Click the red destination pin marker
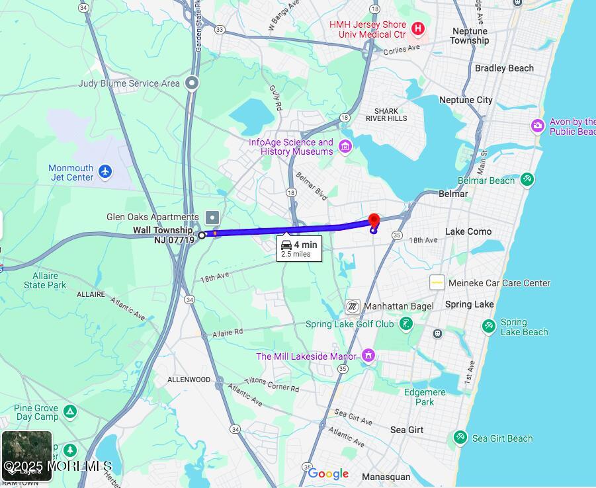click(374, 221)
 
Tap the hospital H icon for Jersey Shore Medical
click(417, 28)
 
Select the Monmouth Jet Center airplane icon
click(105, 172)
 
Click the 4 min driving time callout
click(299, 248)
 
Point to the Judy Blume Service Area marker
click(192, 83)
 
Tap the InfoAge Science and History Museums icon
click(345, 146)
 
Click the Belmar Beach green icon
click(527, 179)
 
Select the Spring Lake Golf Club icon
click(406, 324)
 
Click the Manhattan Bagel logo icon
click(353, 306)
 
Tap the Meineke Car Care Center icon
click(437, 282)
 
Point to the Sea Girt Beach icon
click(460, 437)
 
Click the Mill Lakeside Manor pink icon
click(368, 356)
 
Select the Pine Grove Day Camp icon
click(70, 413)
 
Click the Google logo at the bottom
click(328, 473)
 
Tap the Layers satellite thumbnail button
click(26, 456)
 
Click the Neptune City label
click(466, 100)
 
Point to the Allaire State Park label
click(45, 280)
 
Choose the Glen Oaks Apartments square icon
click(212, 217)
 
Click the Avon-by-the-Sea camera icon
click(538, 126)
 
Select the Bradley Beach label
click(504, 68)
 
